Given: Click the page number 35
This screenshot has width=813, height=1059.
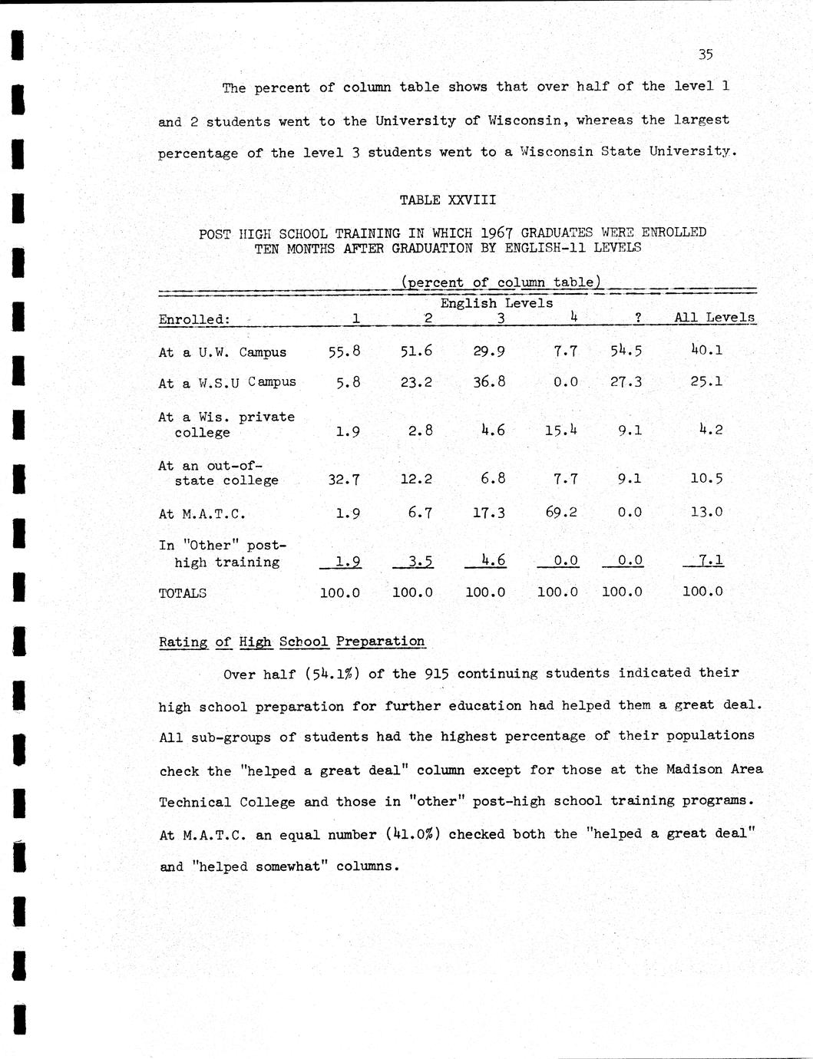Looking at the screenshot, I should coord(706,54).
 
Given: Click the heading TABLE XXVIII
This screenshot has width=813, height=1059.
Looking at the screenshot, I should coord(447,200).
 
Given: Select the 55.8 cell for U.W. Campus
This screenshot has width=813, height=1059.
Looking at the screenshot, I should coord(344,351).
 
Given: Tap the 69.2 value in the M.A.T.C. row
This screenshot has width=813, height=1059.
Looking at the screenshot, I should coord(561,512).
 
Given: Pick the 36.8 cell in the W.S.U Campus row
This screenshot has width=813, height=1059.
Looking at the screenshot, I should coord(489,381).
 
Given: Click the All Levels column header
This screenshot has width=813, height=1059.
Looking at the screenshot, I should coord(714,317).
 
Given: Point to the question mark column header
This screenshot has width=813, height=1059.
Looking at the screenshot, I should coord(638,318).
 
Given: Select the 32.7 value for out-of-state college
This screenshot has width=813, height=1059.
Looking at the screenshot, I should coord(343,480).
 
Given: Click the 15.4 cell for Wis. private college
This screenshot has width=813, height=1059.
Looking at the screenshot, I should coord(560,431).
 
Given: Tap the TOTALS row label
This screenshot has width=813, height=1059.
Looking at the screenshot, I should coord(182,593).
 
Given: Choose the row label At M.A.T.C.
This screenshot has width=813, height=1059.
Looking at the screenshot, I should coord(202,514).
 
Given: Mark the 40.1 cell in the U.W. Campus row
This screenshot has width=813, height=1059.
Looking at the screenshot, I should coord(706,351).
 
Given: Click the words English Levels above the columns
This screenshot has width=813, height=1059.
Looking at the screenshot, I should coord(496,303).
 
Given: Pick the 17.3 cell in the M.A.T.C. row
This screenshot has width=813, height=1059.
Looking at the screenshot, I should coord(488,512).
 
